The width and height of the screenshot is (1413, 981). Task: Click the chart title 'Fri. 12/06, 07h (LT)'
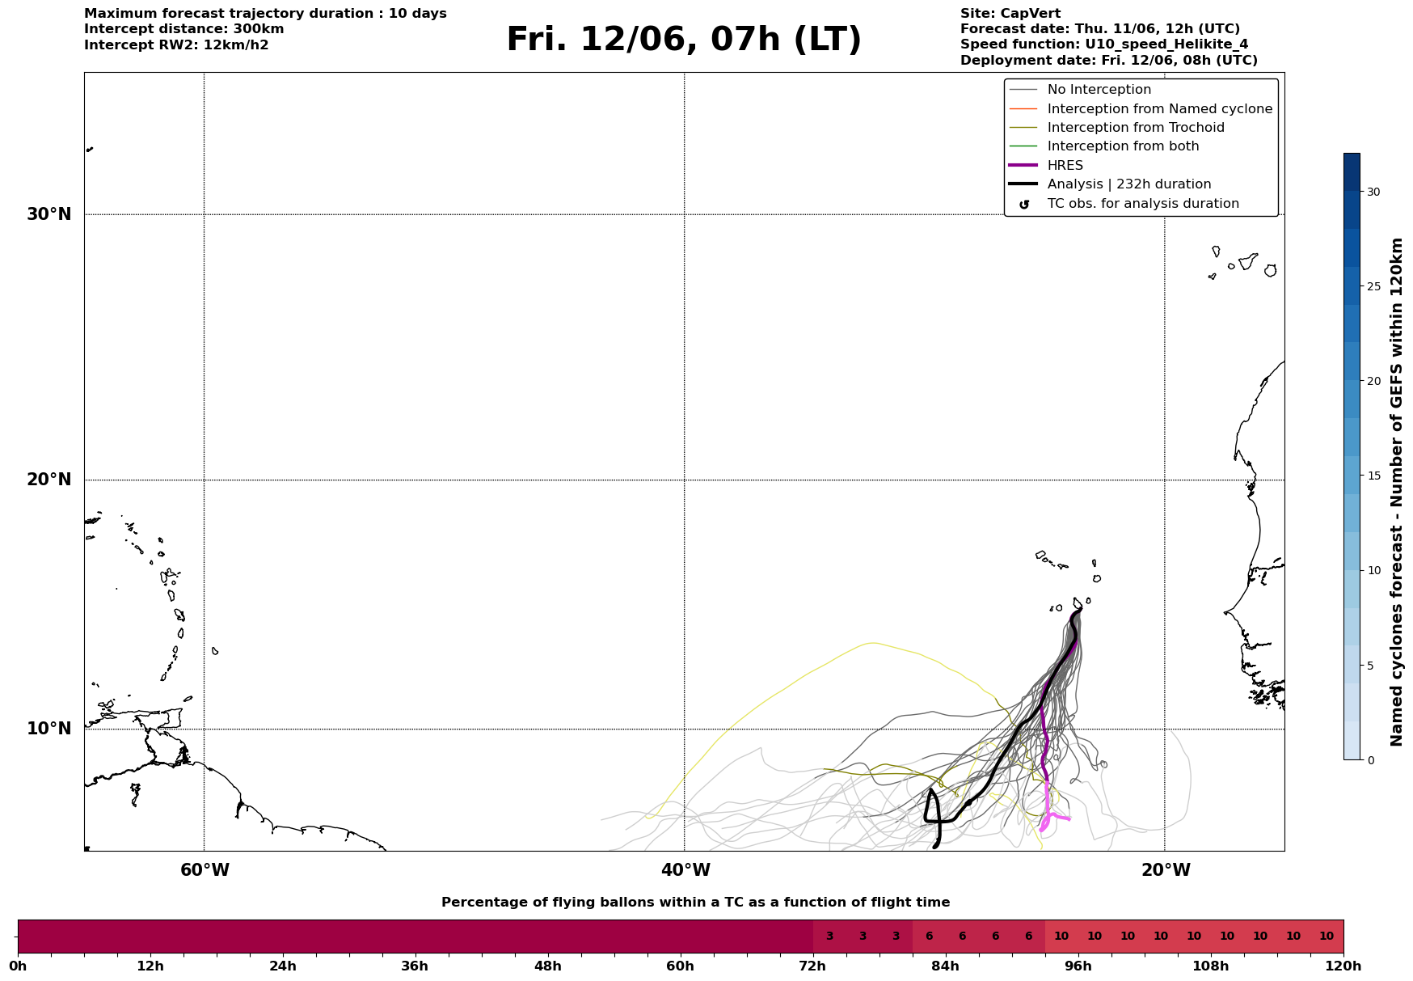pyautogui.click(x=684, y=40)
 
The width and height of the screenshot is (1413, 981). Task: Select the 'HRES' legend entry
pyautogui.click(x=1065, y=166)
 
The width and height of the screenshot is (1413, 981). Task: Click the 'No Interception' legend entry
pyautogui.click(x=1099, y=90)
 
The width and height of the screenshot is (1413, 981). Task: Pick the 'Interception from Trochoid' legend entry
pyautogui.click(x=1136, y=128)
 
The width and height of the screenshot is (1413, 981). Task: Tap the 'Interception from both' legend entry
pyautogui.click(x=1123, y=146)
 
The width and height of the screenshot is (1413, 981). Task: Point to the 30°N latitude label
pyautogui.click(x=49, y=214)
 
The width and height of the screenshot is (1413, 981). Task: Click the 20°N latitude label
pyautogui.click(x=49, y=480)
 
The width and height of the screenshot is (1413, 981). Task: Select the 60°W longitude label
pyautogui.click(x=205, y=870)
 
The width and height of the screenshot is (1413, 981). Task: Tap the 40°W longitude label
pyautogui.click(x=685, y=870)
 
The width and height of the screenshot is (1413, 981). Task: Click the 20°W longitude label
pyautogui.click(x=1166, y=870)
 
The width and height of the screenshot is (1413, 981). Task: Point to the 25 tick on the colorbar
pyautogui.click(x=1373, y=286)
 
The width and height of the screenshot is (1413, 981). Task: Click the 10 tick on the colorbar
pyautogui.click(x=1373, y=570)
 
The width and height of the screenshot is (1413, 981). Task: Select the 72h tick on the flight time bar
pyautogui.click(x=813, y=966)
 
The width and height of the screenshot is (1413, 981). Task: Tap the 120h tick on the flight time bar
pyautogui.click(x=1343, y=966)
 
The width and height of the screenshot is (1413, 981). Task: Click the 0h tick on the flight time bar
pyautogui.click(x=18, y=966)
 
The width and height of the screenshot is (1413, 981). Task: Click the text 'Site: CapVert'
pyautogui.click(x=1010, y=14)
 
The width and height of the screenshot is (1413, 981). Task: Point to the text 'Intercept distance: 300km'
pyautogui.click(x=184, y=29)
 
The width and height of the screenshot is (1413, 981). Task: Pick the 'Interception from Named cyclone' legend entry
pyautogui.click(x=1160, y=109)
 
